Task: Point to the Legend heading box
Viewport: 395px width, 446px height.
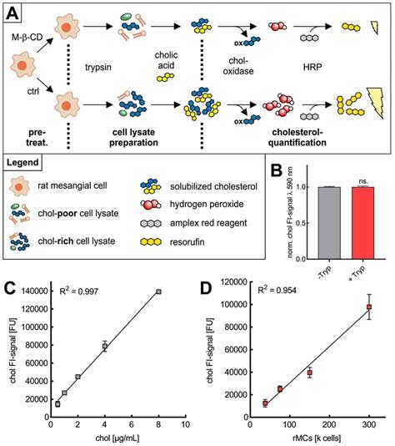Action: point(29,161)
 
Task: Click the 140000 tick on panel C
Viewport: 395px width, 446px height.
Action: point(32,291)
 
